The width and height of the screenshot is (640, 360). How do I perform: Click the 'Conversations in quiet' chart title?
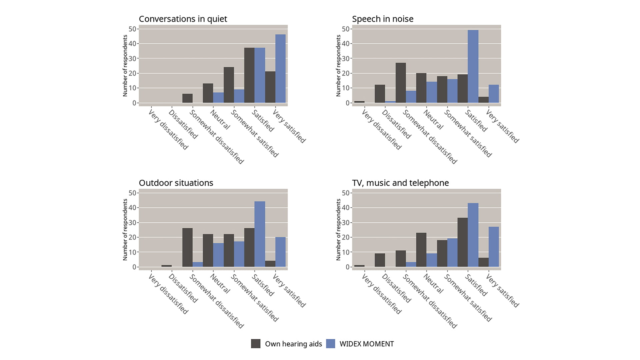tap(183, 19)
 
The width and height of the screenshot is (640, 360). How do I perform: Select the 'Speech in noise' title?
tap(382, 19)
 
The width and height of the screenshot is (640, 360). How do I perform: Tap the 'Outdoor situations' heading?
tap(176, 183)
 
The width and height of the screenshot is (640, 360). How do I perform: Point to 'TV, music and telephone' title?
tap(400, 183)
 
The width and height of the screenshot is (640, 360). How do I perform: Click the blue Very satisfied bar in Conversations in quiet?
tap(280, 68)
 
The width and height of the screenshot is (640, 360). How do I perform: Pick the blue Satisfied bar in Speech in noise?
tap(473, 66)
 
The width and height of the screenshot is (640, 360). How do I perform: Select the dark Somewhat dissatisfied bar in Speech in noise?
tap(401, 83)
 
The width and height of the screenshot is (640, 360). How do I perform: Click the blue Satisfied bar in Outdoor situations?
tap(260, 234)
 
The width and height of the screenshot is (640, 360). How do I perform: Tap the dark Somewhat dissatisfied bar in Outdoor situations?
tap(187, 247)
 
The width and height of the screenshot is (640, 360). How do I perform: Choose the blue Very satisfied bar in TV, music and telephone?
tap(494, 247)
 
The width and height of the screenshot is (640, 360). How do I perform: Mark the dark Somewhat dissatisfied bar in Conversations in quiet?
tap(187, 98)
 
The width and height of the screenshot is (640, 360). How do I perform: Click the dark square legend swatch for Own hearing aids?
tap(256, 344)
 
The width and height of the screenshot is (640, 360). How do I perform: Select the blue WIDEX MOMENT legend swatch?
tap(330, 344)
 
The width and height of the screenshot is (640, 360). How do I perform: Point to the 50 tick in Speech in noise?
tap(345, 29)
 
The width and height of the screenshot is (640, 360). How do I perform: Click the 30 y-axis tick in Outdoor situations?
tap(132, 223)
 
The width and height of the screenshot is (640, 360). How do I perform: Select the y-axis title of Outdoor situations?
tap(125, 230)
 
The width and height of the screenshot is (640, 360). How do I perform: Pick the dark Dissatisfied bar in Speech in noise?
tap(380, 94)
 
